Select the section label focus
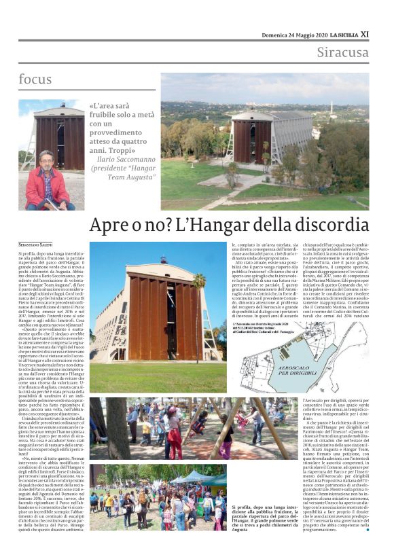[35, 79]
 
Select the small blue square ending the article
[368, 529]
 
